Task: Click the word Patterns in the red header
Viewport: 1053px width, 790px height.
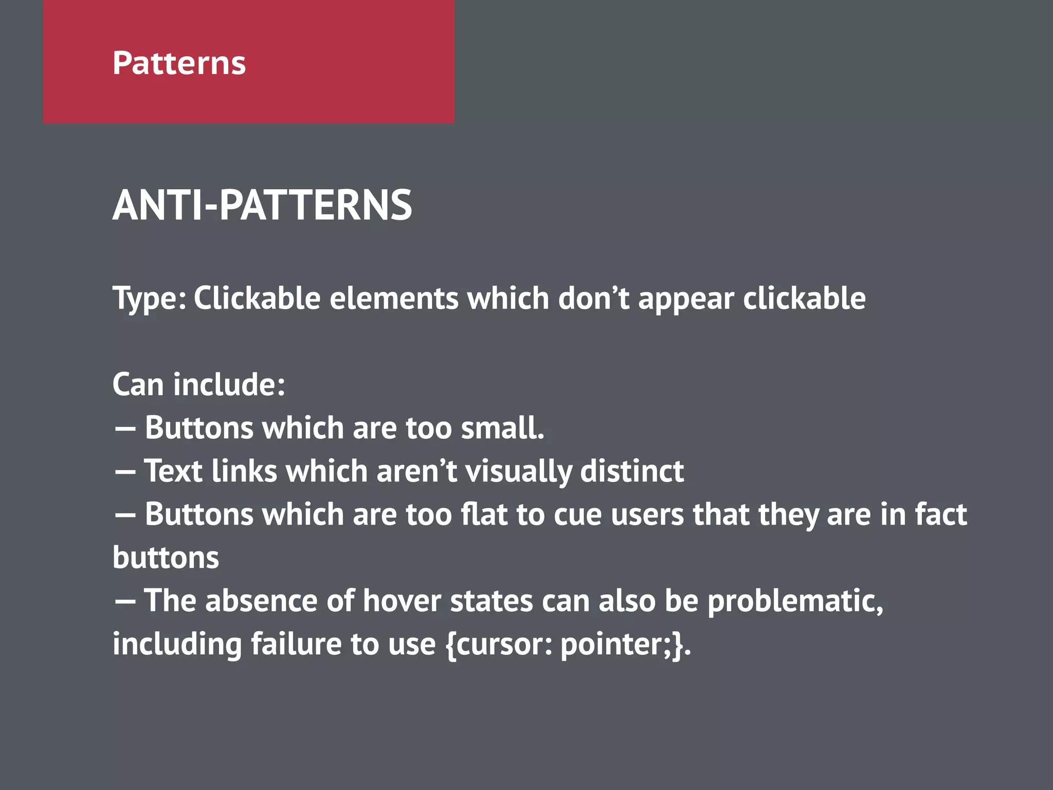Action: pyautogui.click(x=179, y=63)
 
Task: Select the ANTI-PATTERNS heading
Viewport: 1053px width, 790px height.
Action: pyautogui.click(x=262, y=205)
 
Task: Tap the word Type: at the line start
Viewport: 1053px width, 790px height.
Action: pyautogui.click(x=149, y=299)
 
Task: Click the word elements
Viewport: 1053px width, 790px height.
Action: pyautogui.click(x=393, y=298)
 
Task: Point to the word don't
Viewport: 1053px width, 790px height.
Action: pyautogui.click(x=593, y=298)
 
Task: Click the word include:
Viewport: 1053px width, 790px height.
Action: pyautogui.click(x=229, y=384)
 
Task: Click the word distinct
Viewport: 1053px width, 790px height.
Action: pyautogui.click(x=632, y=471)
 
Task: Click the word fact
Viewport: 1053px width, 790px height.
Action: pyautogui.click(x=940, y=514)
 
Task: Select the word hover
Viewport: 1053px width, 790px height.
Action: pyautogui.click(x=402, y=601)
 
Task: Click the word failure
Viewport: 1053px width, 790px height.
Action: pyautogui.click(x=296, y=644)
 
